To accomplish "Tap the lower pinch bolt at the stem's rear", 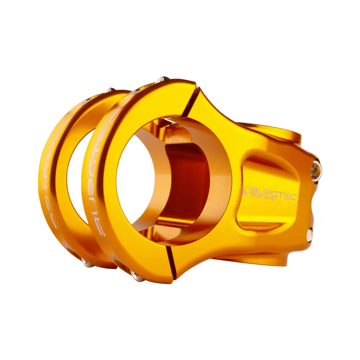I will click(310, 234).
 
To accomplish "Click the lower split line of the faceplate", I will click(172, 262).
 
